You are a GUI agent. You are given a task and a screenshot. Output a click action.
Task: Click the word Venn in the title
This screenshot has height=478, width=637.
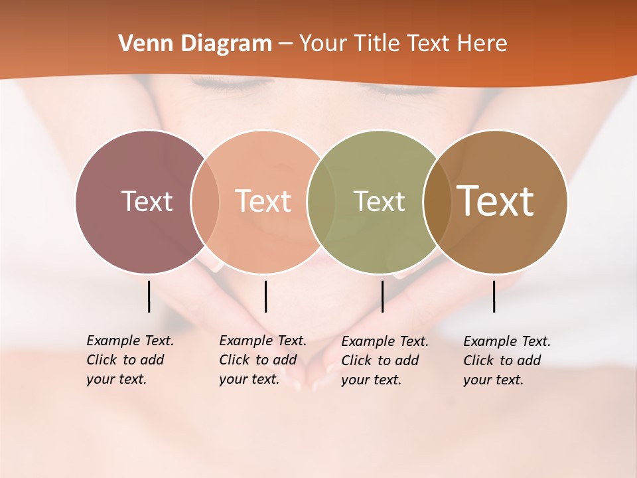coord(140,44)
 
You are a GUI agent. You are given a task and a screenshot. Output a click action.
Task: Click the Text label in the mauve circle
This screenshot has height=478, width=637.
coord(147,201)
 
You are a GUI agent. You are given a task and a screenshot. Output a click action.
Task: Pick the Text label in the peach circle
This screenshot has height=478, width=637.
coord(263,201)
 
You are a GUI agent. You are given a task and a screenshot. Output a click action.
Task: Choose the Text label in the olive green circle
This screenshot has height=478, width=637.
coord(379,201)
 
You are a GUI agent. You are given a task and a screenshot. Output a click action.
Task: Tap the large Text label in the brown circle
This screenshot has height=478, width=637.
coord(496,200)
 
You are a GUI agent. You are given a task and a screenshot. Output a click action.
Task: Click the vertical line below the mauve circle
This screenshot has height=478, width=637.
coord(149,296)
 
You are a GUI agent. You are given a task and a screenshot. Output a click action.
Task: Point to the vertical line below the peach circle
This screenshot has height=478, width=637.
coord(265,296)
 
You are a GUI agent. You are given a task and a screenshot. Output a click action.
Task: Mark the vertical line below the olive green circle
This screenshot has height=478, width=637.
coord(382,296)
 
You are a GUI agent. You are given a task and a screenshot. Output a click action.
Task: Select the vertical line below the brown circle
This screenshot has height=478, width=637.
coord(494,296)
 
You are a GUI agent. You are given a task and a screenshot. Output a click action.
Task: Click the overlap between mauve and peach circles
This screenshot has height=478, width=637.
coord(205,201)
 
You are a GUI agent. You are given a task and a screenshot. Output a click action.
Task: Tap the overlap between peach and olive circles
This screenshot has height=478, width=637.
coord(318,201)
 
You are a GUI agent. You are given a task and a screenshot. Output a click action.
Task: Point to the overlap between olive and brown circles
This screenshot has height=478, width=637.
coord(434,201)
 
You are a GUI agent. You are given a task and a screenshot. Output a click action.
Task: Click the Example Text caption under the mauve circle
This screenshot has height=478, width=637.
coord(129,360)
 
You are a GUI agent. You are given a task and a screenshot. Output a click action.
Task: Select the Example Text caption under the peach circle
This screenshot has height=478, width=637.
coord(262,360)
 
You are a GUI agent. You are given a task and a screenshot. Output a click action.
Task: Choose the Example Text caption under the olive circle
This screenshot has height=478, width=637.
coord(385,360)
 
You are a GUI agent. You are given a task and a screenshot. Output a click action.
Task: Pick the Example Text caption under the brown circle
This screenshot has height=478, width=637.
coord(507,360)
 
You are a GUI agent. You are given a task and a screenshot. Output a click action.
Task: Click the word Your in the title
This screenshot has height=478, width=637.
coord(322,44)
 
